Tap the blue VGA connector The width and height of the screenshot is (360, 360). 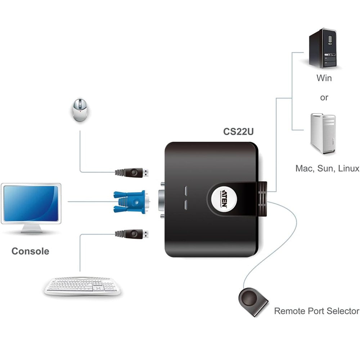coord(130,202)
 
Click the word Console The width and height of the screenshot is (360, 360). coord(30,251)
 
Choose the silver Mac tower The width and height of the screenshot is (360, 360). coord(323,133)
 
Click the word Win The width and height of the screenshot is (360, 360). coord(324,77)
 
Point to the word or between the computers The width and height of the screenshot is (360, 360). coord(324,98)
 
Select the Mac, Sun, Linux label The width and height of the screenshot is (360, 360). coord(327,168)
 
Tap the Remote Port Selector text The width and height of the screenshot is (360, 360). coord(317,311)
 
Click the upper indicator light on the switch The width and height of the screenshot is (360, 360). coord(186,190)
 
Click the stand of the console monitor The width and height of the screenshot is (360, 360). coord(31,229)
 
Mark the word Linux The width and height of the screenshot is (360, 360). coord(349,168)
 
